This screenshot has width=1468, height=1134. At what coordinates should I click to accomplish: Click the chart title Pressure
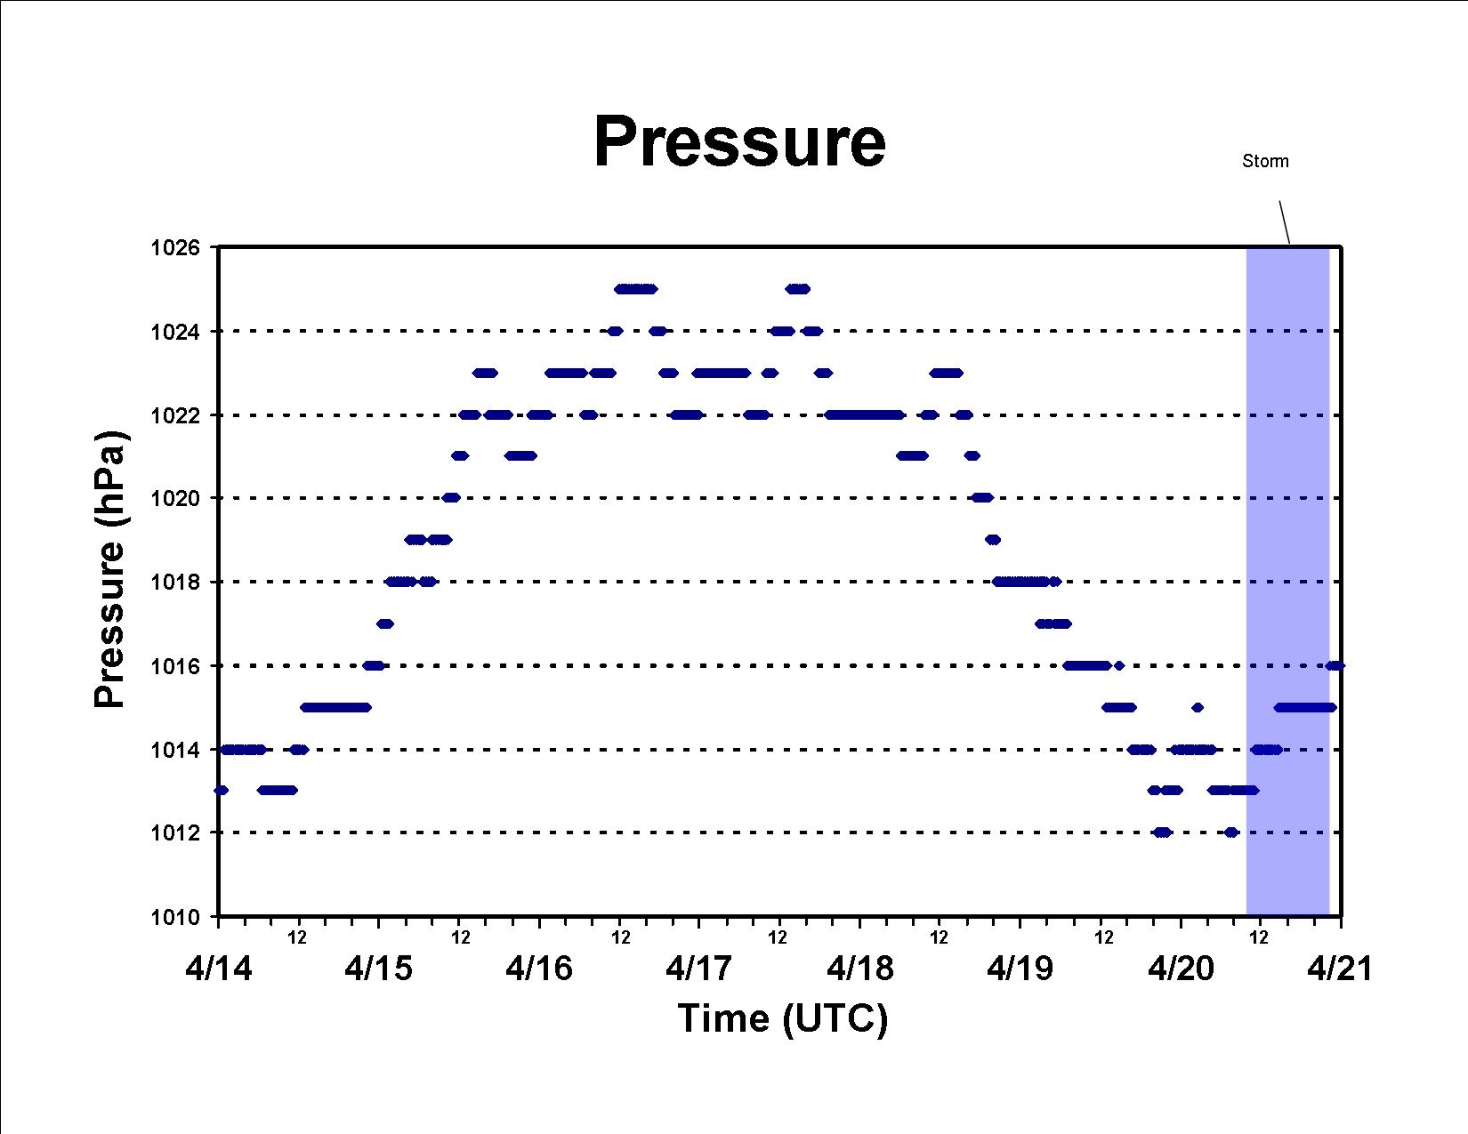click(739, 141)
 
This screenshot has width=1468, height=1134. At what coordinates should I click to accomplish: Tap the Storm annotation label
click(1265, 161)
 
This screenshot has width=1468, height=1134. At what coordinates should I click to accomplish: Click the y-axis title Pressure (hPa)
click(109, 568)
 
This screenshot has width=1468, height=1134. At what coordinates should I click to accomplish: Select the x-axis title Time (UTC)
click(782, 1018)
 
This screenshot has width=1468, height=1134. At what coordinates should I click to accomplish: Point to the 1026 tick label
click(175, 248)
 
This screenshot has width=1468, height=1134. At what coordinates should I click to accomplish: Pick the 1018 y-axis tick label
click(175, 583)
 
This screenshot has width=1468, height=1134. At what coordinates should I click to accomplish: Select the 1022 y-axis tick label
click(175, 415)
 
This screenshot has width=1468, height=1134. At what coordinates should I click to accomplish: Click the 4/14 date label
click(218, 969)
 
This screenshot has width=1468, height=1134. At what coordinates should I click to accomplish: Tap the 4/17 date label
click(698, 969)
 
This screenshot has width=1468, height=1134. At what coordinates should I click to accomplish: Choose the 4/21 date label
click(1340, 969)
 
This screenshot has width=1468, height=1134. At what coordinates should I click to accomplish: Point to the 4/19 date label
click(1020, 969)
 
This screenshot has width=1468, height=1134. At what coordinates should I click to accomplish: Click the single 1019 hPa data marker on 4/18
click(992, 540)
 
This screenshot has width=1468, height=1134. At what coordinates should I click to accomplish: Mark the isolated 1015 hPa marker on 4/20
click(1198, 707)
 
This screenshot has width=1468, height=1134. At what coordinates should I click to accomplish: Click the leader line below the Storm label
click(1284, 221)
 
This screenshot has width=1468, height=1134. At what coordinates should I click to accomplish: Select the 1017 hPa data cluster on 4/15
click(385, 623)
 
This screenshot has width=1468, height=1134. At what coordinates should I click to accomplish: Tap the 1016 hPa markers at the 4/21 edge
click(1335, 666)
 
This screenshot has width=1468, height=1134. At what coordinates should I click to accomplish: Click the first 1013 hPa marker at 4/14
click(221, 790)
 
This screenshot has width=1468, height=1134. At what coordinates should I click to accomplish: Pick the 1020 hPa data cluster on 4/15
click(451, 498)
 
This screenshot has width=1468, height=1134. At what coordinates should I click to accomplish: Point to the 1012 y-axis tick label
click(175, 832)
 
